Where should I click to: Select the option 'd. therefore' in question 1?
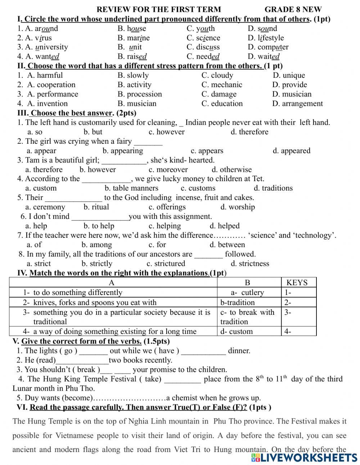[249, 132]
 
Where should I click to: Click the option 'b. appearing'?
[123, 151]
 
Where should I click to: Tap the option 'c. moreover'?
[168, 170]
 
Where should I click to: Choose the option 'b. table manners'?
[131, 188]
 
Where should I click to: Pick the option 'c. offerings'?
[167, 207]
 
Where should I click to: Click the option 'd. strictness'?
[250, 264]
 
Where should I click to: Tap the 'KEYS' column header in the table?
[297, 283]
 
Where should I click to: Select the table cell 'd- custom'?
[237, 331]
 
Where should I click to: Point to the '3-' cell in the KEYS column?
[288, 312]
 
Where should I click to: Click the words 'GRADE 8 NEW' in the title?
[293, 10]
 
